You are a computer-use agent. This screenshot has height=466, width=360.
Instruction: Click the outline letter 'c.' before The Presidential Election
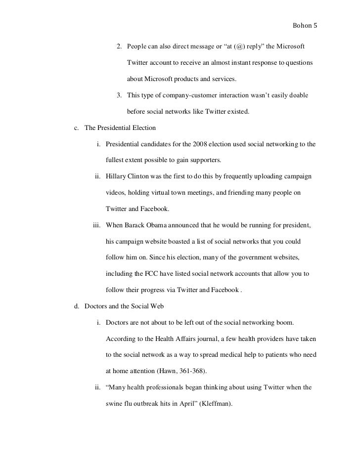(x=77, y=128)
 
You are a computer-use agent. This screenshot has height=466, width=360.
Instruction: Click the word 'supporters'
(x=204, y=161)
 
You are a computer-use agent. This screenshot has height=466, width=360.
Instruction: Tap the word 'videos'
(x=116, y=193)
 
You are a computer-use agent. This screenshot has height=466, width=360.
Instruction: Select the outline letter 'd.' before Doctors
(x=77, y=306)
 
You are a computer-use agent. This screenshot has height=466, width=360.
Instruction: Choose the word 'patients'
(x=265, y=355)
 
